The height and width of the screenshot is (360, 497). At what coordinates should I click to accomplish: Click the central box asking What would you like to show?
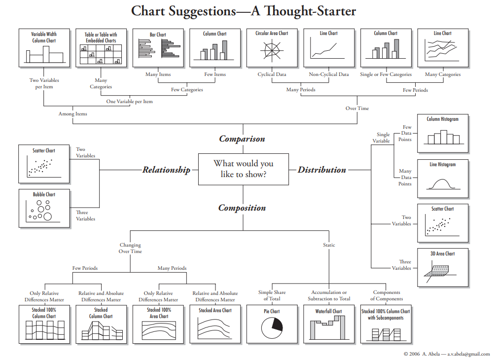pos(244,169)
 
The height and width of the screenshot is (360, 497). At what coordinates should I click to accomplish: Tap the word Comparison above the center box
pos(242,139)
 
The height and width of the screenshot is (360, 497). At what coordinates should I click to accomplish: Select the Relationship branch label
pos(167,170)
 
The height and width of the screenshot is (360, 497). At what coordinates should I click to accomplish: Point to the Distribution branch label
pos(321,170)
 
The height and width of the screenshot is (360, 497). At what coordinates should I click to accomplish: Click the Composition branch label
pos(242,208)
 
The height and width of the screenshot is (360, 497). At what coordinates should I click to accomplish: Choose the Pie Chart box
pos(272,324)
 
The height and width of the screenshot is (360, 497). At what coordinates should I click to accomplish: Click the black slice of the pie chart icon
pos(277,325)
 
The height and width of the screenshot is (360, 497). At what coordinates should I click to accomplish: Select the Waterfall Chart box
pos(329,324)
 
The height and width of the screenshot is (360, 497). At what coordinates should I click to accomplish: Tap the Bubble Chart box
pos(44,208)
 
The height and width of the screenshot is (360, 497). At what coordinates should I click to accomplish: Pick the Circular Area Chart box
pos(272,48)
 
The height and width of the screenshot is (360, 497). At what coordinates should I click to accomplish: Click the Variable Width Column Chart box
pos(44,48)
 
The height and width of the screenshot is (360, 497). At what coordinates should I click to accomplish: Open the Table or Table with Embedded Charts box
pos(101,48)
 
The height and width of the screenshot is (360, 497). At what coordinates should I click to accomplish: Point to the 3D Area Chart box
pos(443,267)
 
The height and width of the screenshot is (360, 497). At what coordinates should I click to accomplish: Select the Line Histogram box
pos(443,179)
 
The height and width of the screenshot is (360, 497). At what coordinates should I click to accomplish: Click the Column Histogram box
pos(443,134)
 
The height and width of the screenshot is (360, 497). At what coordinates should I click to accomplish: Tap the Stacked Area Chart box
pos(215,324)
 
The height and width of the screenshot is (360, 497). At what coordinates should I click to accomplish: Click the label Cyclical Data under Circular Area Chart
pos(272,74)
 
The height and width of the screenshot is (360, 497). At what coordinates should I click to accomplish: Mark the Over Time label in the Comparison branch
pos(357,108)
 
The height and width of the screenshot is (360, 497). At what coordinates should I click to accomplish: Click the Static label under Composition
pos(329,245)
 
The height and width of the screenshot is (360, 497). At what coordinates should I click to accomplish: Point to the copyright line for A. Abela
pos(447,354)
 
